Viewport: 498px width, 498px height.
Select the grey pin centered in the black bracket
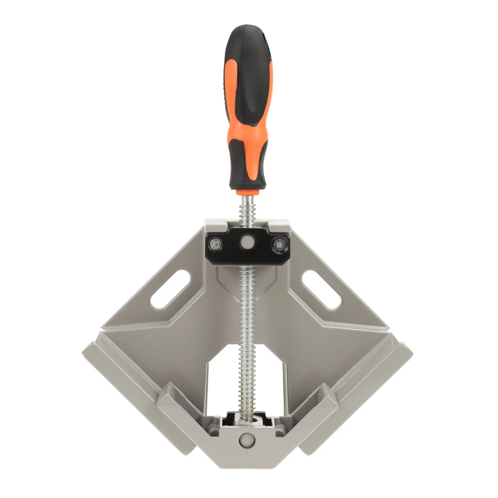(245, 243)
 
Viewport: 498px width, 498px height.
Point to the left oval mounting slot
(169, 290)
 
